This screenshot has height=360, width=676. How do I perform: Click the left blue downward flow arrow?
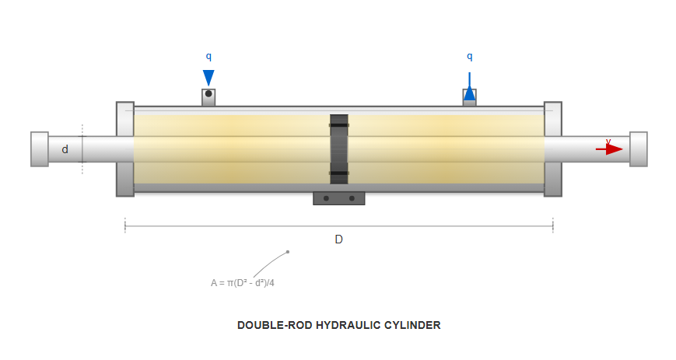[x=208, y=78]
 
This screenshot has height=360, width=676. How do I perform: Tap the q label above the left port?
[x=208, y=57]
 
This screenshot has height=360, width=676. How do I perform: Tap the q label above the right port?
[x=469, y=57]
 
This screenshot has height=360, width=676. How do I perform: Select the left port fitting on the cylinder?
[x=208, y=96]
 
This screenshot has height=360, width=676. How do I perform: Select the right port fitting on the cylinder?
[x=469, y=98]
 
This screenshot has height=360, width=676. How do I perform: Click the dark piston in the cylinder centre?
[x=339, y=149]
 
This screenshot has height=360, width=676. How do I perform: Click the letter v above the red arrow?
[x=608, y=142]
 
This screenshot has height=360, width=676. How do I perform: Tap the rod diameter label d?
[x=65, y=149]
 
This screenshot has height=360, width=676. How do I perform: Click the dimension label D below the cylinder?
[x=338, y=239]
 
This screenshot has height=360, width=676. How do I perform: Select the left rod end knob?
[x=40, y=149]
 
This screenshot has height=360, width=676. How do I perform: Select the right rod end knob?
[x=638, y=149]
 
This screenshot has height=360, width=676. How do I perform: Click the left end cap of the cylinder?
[x=124, y=149]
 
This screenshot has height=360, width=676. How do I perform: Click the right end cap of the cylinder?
[x=553, y=149]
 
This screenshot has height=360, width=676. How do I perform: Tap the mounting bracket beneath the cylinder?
[x=339, y=198]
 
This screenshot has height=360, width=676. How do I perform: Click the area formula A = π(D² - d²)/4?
[x=243, y=283]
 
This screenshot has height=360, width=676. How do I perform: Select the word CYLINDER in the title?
[x=412, y=325]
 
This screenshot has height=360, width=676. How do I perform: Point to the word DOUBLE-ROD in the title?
[x=274, y=325]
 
